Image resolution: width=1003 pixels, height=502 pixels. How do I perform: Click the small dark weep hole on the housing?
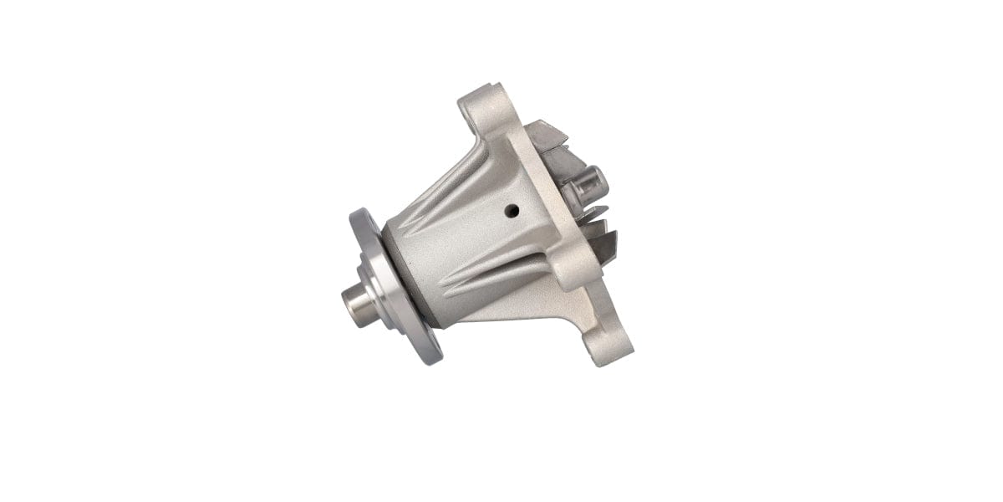pos(512,210)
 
